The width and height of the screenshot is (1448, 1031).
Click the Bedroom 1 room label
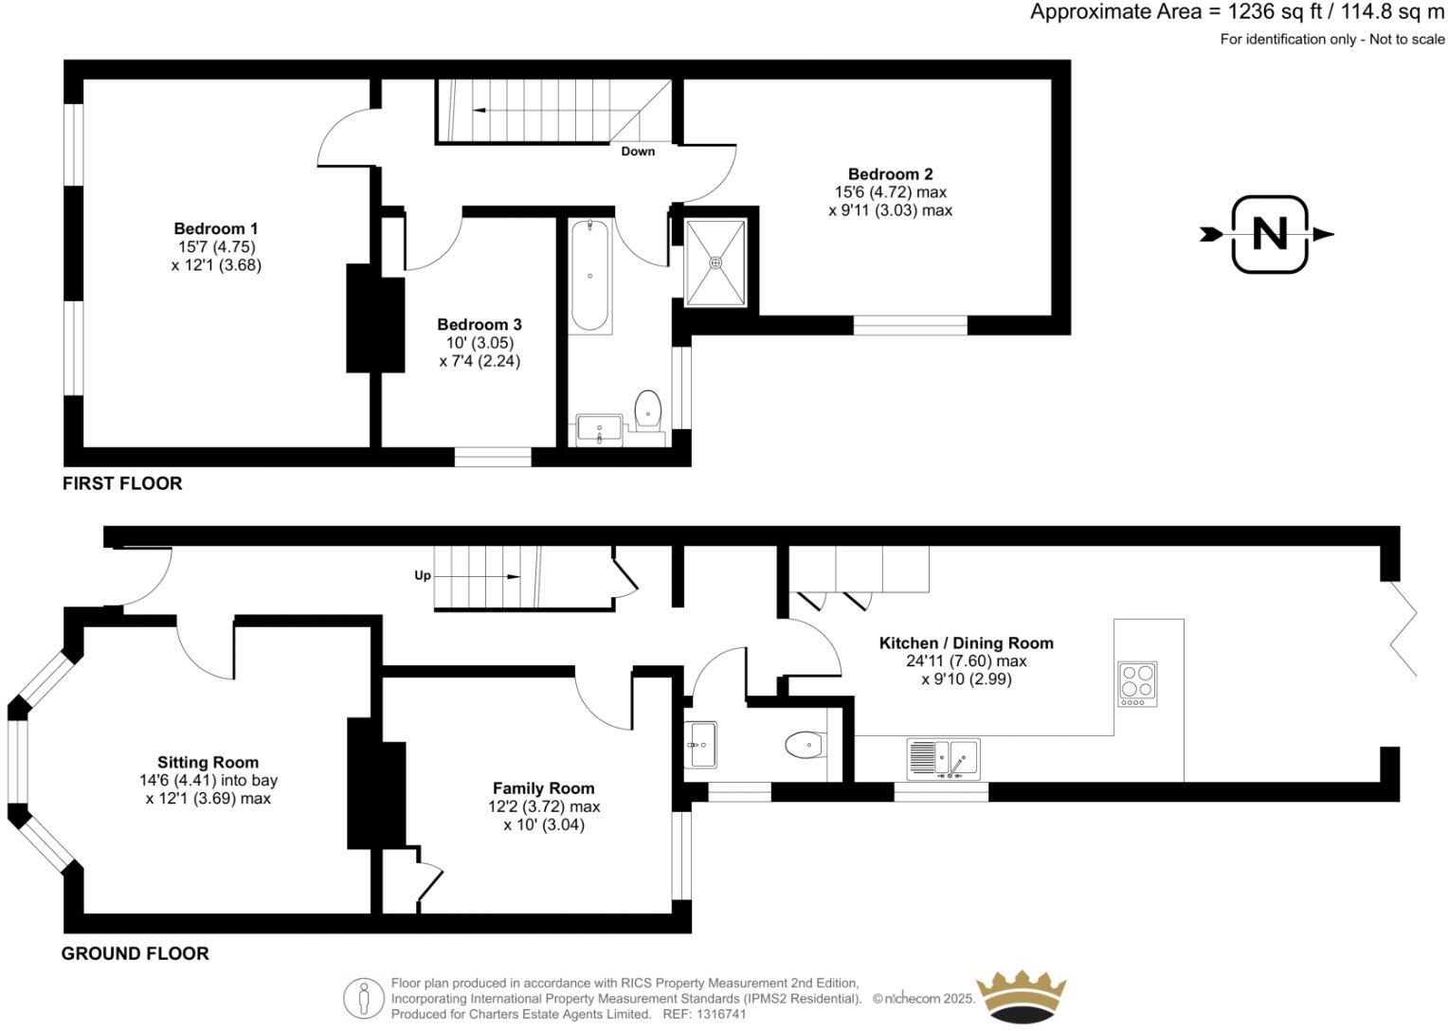[216, 228]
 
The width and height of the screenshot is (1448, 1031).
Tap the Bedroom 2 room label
[890, 174]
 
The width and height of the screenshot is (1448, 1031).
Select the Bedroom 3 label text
[480, 325]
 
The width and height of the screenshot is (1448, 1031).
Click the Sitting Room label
[208, 762]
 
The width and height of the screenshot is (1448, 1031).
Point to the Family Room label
[543, 788]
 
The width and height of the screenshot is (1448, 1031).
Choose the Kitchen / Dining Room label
[966, 643]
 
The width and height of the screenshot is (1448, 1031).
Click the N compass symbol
[1269, 234]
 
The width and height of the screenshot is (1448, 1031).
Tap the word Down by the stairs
[638, 152]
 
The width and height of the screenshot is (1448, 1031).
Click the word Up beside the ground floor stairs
[423, 575]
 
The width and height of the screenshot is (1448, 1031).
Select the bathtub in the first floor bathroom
[589, 275]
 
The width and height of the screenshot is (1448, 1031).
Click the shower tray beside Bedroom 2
[715, 262]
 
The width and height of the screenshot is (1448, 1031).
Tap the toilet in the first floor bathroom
[648, 409]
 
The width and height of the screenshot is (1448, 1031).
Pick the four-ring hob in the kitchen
[1137, 683]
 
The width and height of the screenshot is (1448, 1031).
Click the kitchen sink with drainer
[943, 759]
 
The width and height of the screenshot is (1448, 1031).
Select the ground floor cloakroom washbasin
[701, 744]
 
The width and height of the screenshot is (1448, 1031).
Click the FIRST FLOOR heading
[122, 483]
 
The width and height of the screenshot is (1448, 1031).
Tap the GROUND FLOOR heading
[135, 953]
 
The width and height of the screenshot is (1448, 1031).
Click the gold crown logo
[1022, 996]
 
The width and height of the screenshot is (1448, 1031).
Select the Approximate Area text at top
[1237, 12]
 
